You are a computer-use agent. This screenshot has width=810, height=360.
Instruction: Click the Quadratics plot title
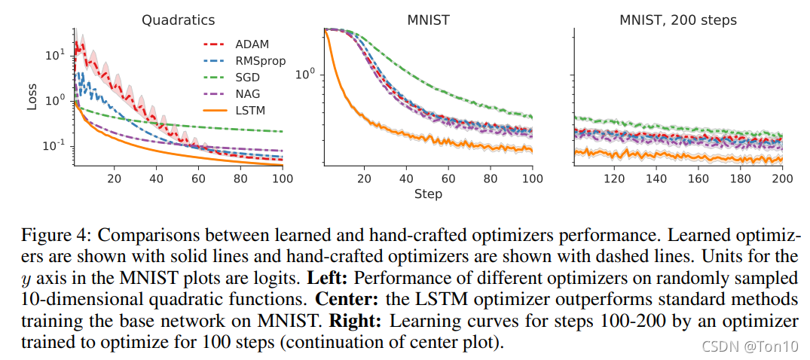coord(178,20)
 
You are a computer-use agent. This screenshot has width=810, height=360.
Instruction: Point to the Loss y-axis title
coord(32,96)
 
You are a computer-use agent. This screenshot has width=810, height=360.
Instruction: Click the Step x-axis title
coord(428,194)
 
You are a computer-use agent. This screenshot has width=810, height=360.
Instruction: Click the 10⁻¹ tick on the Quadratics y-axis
coord(54,145)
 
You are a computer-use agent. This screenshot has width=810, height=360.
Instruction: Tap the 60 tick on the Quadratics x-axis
coord(198,178)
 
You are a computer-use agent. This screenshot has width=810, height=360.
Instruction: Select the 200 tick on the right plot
coord(781,178)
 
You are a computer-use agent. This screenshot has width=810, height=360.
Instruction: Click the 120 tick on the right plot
coord(614,178)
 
